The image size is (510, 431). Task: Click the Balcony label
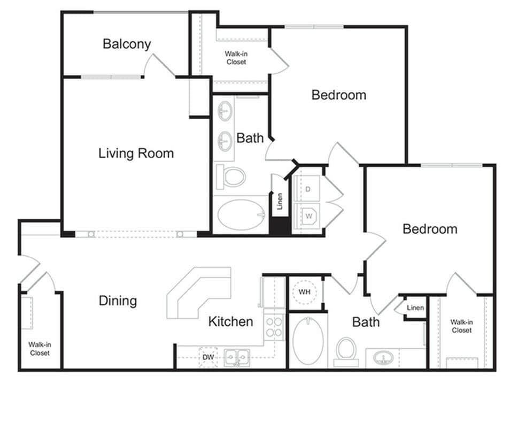(x=127, y=44)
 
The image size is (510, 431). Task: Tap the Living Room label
(x=136, y=153)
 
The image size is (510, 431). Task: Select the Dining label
(x=118, y=301)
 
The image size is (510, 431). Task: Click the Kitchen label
(x=230, y=321)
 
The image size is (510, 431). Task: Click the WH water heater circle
(x=304, y=292)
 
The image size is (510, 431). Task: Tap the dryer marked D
(x=308, y=189)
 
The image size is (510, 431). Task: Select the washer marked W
(x=308, y=217)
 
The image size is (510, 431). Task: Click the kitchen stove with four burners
(x=274, y=326)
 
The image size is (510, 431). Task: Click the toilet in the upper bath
(x=233, y=176)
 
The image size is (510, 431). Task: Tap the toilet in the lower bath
(x=346, y=350)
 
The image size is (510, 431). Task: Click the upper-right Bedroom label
(x=339, y=95)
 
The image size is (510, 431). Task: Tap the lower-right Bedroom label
(x=430, y=229)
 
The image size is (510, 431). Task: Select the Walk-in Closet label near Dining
(x=40, y=349)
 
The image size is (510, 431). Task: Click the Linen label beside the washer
(x=279, y=202)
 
